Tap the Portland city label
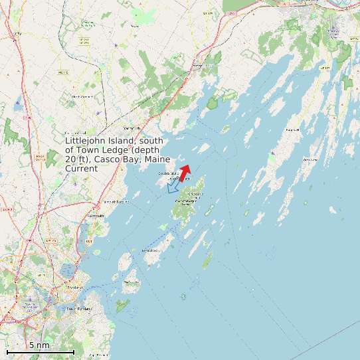(x=74, y=287)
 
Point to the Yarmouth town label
(x=131, y=128)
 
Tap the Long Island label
(x=151, y=250)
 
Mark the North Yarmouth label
(x=83, y=96)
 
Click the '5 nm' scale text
(x=39, y=345)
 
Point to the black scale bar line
(x=40, y=351)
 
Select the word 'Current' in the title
(x=82, y=169)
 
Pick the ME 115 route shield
(x=63, y=72)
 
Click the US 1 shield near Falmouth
(x=89, y=241)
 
